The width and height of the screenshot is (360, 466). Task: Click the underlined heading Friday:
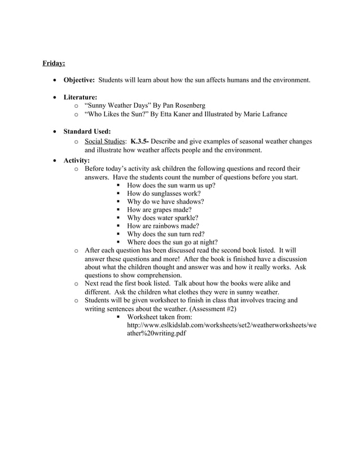pyautogui.click(x=54, y=63)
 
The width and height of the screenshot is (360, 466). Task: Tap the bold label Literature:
pyautogui.click(x=80, y=97)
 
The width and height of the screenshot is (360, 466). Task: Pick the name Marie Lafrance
pyautogui.click(x=265, y=114)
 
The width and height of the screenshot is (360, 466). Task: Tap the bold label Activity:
pyautogui.click(x=77, y=160)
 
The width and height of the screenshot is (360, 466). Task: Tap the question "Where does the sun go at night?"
pyautogui.click(x=172, y=243)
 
